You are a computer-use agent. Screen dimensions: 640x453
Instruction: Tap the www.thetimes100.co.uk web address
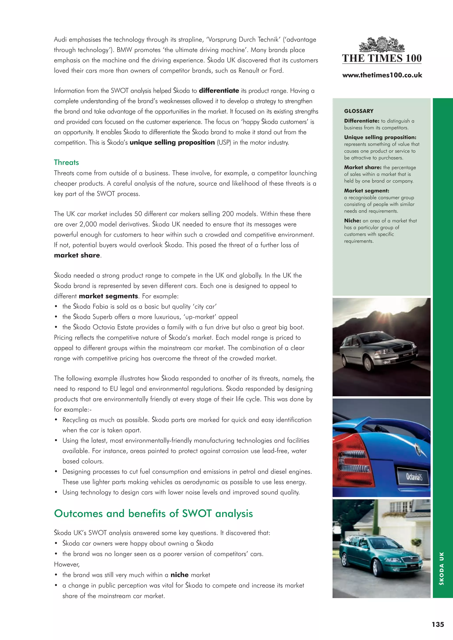point(382,75)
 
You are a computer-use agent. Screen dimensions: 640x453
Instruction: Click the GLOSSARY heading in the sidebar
point(358,111)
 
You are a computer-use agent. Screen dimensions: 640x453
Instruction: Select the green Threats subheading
point(66,162)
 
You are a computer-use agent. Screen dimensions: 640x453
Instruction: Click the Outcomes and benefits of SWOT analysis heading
point(154,513)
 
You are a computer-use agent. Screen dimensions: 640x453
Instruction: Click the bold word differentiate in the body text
point(219,91)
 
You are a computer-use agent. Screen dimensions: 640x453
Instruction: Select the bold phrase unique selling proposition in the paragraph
point(172,142)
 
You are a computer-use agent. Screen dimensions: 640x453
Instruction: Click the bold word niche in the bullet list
point(179,575)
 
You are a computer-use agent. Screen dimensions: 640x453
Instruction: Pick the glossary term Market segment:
point(366,191)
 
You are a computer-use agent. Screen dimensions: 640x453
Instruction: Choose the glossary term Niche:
point(352,220)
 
